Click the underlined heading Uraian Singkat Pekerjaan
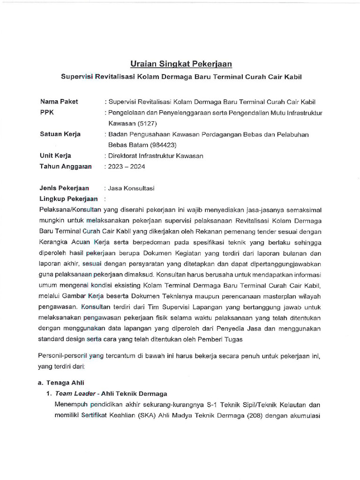181,64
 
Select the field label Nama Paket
59,101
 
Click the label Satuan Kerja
60,134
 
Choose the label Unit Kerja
56,156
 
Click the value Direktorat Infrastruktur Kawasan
155,156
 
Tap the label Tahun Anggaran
66,166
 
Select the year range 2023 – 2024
127,166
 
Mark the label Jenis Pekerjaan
65,188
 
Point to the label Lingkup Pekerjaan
68,199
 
